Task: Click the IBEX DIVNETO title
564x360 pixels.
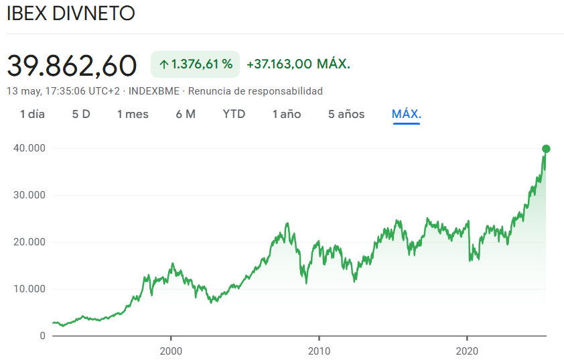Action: (70, 14)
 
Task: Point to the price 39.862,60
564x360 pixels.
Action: (72, 65)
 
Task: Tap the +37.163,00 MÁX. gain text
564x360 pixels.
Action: (298, 64)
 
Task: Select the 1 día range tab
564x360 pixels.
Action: (32, 114)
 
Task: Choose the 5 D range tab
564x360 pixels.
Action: (81, 114)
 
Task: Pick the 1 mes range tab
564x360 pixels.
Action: (133, 114)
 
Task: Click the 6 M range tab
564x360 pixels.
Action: (186, 114)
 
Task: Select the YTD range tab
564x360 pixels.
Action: (234, 114)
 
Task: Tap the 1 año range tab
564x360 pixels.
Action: (287, 114)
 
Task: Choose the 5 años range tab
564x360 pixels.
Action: (346, 114)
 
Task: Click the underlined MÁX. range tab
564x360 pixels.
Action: (406, 114)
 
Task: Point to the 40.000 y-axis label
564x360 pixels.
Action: (29, 148)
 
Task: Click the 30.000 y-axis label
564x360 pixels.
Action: (29, 195)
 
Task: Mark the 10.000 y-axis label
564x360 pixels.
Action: (29, 289)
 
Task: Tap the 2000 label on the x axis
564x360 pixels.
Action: (171, 351)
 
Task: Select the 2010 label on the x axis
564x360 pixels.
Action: (319, 351)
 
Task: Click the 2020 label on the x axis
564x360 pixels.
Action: (466, 351)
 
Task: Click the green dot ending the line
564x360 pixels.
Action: (546, 149)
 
